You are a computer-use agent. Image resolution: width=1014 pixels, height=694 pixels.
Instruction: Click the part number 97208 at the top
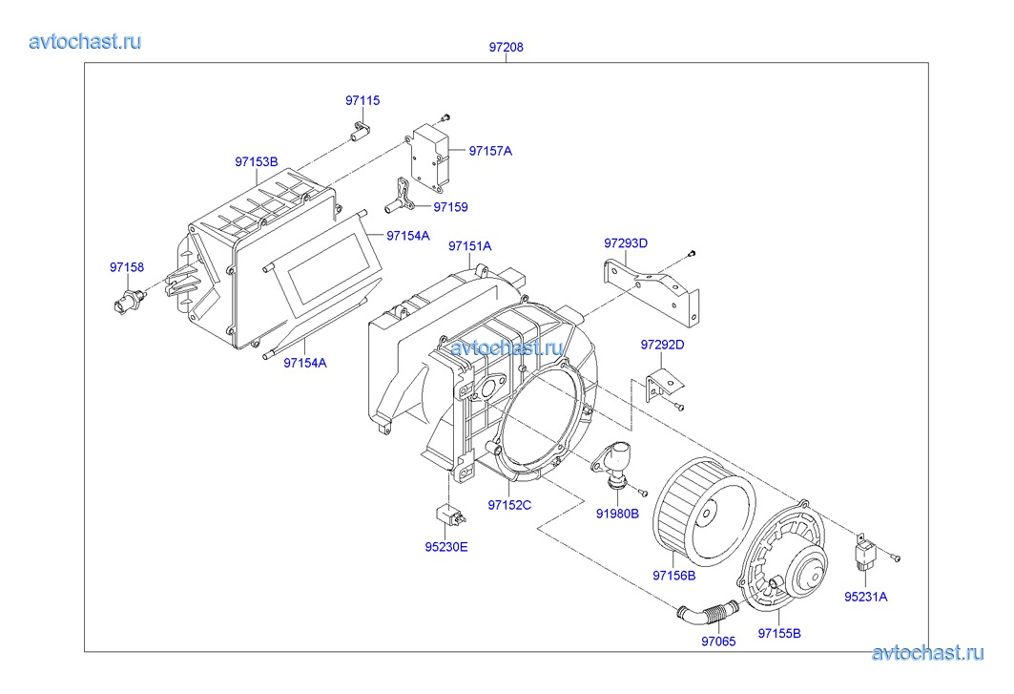[x=506, y=48]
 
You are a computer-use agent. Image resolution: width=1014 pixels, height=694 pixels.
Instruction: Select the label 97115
[x=362, y=100]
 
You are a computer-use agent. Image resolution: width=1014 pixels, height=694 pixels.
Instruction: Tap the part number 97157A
[x=490, y=151]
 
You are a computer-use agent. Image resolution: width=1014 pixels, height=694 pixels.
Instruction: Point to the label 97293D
[x=626, y=243]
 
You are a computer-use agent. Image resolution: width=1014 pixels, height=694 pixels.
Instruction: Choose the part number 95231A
[x=865, y=597]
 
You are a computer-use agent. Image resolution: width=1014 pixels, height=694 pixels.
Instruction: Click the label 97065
[x=718, y=641]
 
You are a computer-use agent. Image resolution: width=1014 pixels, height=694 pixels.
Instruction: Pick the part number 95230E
[x=445, y=547]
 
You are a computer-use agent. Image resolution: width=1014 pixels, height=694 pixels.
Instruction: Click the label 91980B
[x=617, y=514]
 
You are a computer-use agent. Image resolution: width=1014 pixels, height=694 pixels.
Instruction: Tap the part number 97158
[x=127, y=267]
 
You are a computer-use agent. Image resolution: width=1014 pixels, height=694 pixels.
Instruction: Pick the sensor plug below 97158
[x=130, y=302]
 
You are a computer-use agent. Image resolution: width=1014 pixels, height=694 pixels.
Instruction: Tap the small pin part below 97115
[x=360, y=130]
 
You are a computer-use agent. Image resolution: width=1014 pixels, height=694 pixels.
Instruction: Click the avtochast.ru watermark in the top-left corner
[x=85, y=41]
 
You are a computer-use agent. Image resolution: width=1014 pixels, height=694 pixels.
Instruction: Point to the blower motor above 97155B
[x=783, y=556]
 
